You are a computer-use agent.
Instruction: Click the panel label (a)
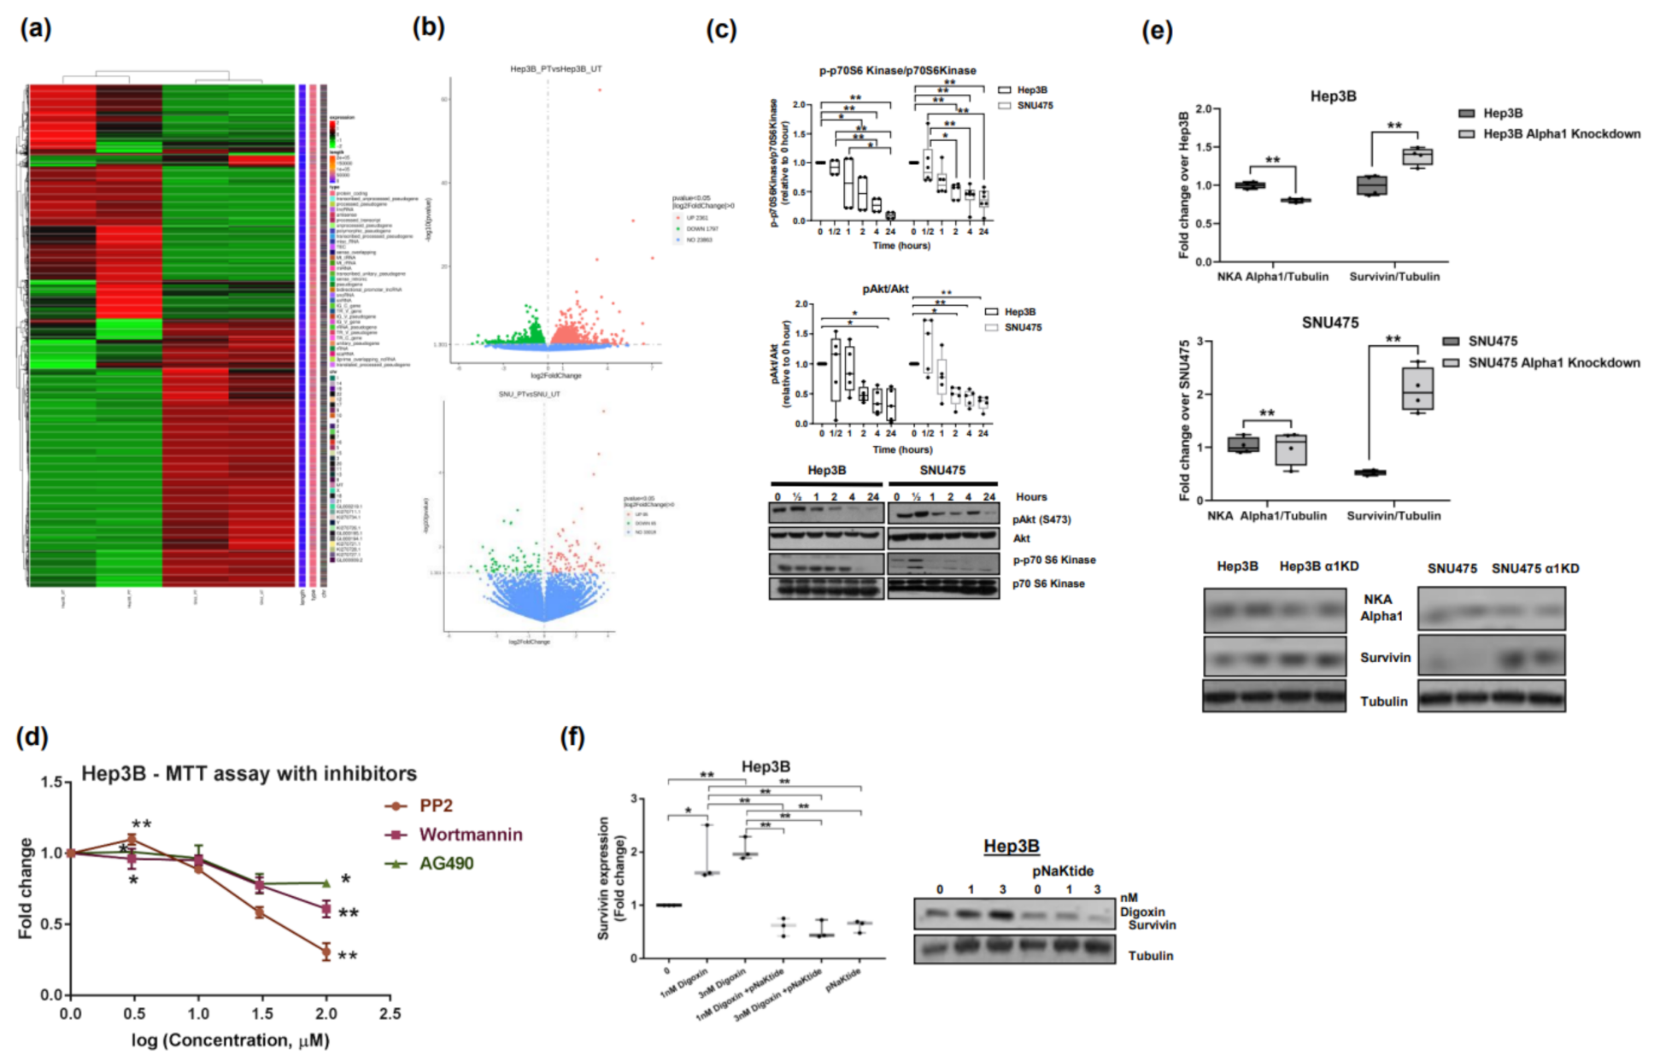pos(35,29)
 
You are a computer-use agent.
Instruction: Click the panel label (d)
pos(32,737)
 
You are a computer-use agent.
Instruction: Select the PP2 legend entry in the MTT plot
pos(436,806)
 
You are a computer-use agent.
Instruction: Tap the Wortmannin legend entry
pos(470,835)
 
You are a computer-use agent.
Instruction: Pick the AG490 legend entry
pos(445,863)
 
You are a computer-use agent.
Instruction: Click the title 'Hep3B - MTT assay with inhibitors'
pos(249,774)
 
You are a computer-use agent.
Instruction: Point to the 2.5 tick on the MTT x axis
pos(390,1013)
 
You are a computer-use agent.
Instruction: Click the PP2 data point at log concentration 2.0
pos(326,951)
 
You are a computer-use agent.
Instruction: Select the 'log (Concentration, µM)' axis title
pos(230,1040)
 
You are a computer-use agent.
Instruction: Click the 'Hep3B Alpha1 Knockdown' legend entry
pos(1561,134)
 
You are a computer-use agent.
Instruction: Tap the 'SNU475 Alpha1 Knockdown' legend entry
pos(1553,363)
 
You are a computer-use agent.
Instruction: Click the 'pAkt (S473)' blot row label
pos(1041,519)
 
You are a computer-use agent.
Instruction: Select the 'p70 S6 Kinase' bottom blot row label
pos(1048,583)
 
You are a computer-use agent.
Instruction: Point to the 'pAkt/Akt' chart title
pos(885,289)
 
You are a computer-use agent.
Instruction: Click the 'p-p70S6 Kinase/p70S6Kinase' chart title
pos(897,70)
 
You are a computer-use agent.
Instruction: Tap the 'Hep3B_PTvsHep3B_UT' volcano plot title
pos(556,68)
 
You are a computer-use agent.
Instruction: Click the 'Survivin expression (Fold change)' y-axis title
pos(611,877)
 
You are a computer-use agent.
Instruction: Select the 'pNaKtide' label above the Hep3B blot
pos(1063,870)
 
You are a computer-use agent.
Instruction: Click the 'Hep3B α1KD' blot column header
pos(1318,566)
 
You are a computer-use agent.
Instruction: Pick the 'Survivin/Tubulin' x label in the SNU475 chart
pos(1393,516)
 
